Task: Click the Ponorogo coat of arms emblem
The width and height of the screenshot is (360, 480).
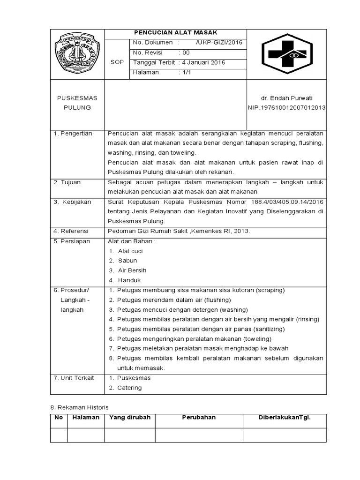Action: [77, 54]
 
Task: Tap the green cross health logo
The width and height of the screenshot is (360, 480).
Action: [286, 54]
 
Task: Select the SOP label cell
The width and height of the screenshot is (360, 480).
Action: [116, 62]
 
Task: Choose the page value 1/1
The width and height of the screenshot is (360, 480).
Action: [187, 73]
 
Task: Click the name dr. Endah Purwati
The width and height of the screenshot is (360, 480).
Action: [286, 98]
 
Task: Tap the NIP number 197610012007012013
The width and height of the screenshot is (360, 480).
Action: [286, 108]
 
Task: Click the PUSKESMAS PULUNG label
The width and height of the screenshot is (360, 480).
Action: [77, 103]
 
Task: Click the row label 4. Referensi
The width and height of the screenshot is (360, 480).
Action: [72, 231]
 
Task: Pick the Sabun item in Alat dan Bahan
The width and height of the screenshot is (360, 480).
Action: [127, 261]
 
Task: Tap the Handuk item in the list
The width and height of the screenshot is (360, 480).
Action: [129, 280]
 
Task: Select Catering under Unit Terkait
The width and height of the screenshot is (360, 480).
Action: [129, 388]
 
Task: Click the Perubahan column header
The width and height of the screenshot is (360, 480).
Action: [199, 418]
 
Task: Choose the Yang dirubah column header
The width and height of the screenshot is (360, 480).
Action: [130, 418]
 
